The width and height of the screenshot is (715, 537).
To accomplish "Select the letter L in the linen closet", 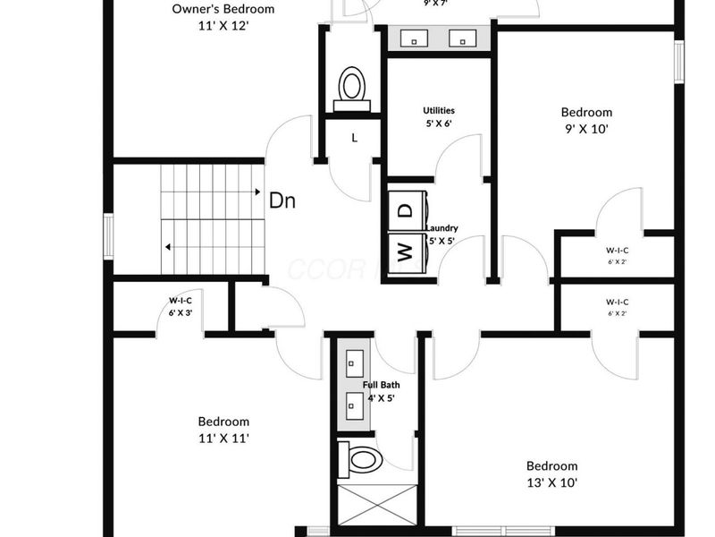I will point(355,138).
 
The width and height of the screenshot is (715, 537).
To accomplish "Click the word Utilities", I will point(439,111).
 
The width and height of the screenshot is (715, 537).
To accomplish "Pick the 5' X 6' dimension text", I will point(439,124).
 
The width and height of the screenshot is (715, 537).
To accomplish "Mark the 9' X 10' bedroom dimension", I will point(586,128).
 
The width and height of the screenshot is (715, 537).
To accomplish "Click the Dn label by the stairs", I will point(282,201).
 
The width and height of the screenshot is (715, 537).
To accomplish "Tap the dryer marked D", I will point(405,211).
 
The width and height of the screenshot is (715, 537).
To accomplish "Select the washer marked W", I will point(405,253).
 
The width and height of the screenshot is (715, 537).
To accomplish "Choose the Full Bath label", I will point(381,385).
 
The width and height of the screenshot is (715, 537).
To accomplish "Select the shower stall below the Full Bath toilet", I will point(375,505).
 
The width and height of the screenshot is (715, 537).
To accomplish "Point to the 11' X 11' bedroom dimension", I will point(223,438).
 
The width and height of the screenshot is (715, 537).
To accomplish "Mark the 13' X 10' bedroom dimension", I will point(551,482).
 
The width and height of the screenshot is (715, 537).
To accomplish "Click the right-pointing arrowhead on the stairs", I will point(257,192).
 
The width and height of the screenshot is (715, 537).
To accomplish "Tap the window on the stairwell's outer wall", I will point(107,236).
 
